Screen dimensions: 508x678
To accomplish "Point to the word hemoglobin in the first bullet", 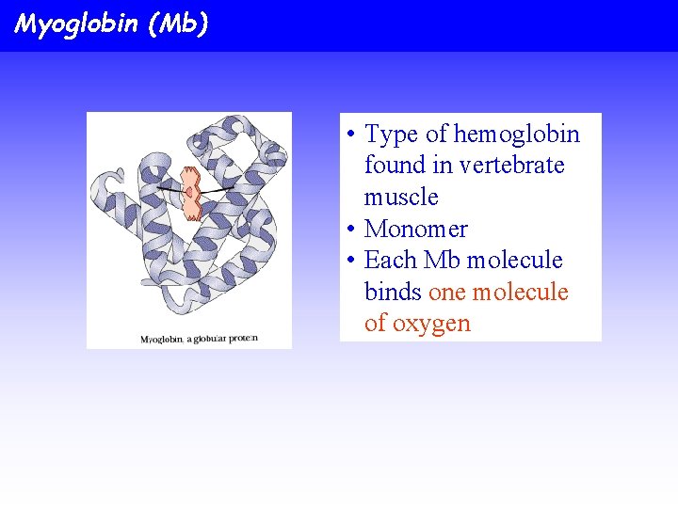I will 516,135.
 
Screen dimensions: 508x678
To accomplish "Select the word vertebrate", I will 510,166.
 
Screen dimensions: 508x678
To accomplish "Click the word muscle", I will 401,198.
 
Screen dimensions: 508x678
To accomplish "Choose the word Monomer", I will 415,229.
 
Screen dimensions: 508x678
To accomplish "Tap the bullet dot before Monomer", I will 349,230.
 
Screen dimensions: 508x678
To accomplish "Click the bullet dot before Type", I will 349,135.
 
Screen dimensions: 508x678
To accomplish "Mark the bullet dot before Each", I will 349,261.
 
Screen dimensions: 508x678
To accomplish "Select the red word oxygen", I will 430,324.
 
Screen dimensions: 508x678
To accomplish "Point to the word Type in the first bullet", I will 390,135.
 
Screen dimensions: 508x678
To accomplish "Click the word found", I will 395,166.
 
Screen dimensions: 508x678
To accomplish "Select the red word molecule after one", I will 520,292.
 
